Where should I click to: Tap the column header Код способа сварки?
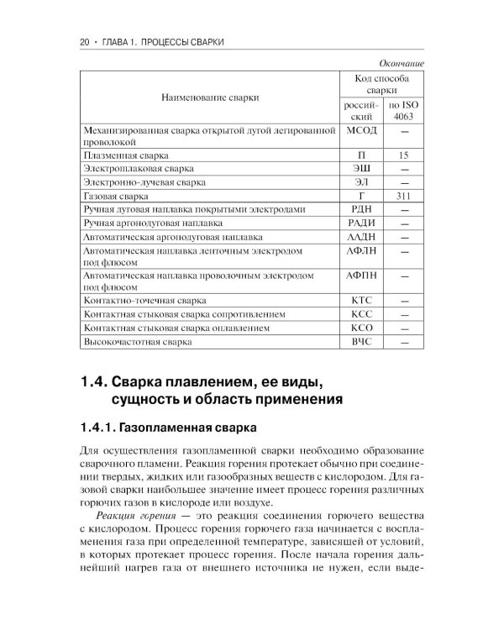(x=381, y=83)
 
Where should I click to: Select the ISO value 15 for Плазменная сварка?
(x=403, y=155)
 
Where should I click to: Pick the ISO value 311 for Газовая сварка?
(x=403, y=194)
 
